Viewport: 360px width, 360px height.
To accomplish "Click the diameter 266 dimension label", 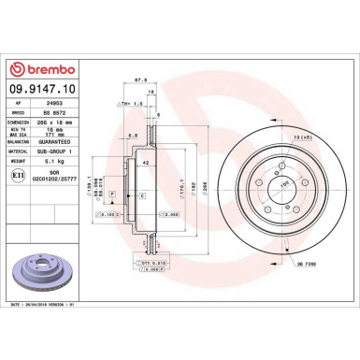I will [192, 187].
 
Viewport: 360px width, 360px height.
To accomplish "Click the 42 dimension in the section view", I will [146, 165].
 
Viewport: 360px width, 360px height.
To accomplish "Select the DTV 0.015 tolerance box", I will [139, 265].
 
